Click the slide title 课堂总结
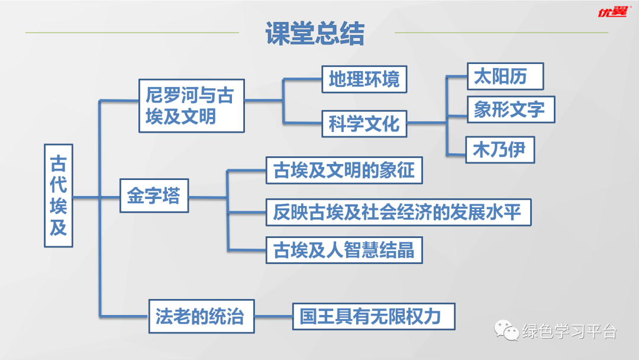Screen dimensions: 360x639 click(315, 34)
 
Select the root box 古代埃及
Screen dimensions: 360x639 click(59, 195)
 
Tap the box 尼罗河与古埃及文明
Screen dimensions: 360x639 click(191, 105)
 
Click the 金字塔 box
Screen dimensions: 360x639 click(154, 195)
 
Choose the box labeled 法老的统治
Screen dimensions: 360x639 click(201, 316)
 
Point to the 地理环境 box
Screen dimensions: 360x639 click(364, 79)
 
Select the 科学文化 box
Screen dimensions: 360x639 click(364, 124)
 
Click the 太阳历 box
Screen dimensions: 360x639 click(505, 76)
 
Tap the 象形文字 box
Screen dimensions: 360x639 click(511, 110)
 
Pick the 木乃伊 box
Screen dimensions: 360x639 click(500, 150)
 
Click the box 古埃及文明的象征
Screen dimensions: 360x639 click(344, 171)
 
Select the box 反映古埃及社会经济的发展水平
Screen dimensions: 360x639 click(398, 212)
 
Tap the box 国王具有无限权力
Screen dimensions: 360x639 click(374, 316)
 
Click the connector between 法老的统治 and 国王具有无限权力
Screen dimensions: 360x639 click(273, 316)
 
